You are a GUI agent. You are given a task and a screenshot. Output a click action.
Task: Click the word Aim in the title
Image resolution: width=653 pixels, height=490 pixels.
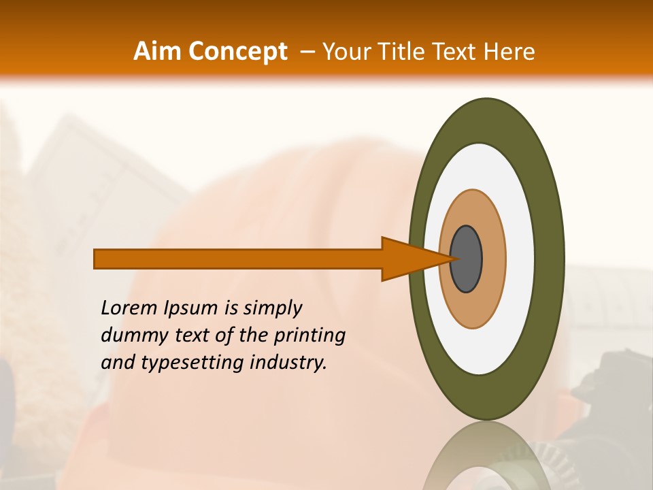tap(157, 51)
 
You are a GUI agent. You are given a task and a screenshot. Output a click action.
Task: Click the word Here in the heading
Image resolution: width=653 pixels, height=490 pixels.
tap(509, 51)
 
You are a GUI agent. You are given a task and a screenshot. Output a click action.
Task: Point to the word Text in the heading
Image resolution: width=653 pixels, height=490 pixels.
tap(456, 51)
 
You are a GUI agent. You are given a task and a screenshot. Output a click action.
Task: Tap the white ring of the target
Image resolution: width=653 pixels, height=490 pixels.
tap(520, 259)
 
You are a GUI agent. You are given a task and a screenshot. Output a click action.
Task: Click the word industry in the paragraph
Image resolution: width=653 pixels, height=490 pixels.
tap(288, 363)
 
